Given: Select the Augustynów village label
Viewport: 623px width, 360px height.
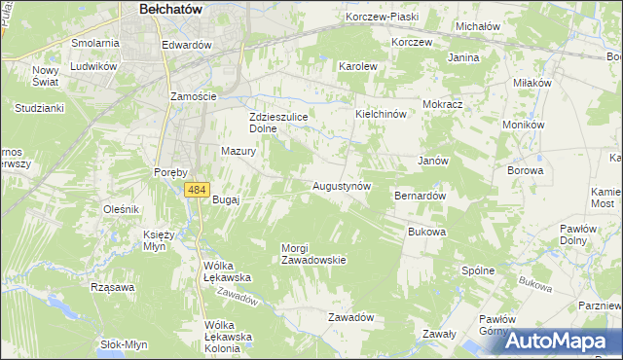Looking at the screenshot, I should click(x=341, y=185).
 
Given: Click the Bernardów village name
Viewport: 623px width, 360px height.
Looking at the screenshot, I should click(x=420, y=196).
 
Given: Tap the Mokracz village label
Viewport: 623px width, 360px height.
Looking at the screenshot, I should click(x=442, y=103).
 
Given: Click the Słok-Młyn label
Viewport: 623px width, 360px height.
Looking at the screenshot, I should click(x=124, y=344).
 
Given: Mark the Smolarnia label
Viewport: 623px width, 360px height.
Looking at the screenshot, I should click(x=95, y=44).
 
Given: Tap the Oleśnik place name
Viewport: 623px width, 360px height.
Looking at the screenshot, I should click(x=123, y=209).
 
